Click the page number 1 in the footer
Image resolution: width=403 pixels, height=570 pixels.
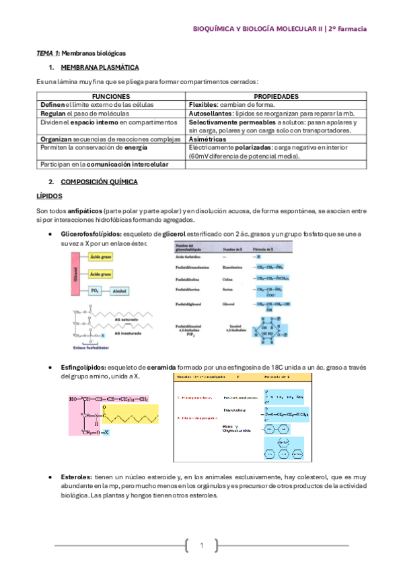(x=200, y=545)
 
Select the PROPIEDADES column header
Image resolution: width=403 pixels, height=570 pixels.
(x=276, y=97)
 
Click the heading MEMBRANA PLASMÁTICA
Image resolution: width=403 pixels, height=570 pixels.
(x=100, y=67)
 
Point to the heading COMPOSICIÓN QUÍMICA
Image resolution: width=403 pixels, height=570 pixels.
(x=99, y=181)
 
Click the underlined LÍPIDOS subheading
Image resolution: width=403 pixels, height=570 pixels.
(x=48, y=196)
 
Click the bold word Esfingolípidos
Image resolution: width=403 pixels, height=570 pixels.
(x=83, y=368)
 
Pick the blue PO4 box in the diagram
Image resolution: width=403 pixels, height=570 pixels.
(x=95, y=290)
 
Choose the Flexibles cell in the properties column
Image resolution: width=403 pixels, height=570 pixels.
(x=205, y=105)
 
